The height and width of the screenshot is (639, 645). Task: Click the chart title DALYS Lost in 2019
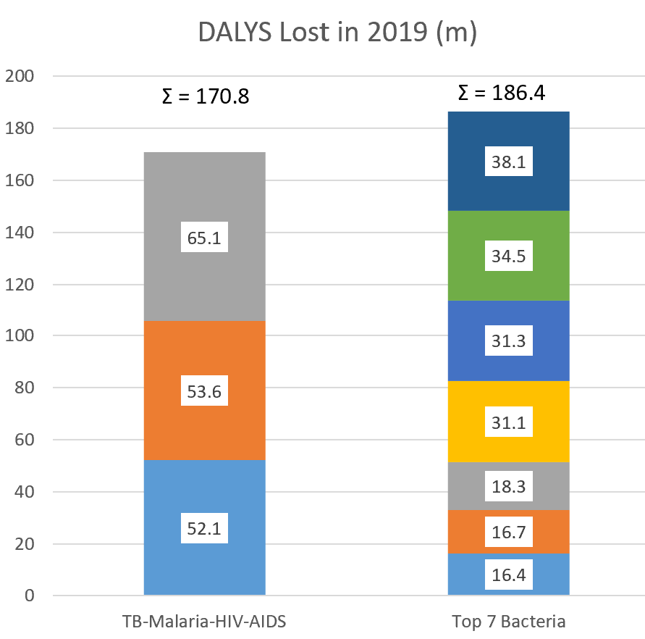[337, 33]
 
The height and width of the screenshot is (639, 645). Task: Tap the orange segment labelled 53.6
[205, 391]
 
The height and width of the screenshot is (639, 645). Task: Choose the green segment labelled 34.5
[509, 256]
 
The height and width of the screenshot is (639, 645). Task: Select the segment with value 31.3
[509, 341]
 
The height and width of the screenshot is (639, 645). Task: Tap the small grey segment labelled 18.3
[509, 485]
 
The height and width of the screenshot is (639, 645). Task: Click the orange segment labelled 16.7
[509, 532]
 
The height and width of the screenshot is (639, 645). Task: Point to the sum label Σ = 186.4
[502, 92]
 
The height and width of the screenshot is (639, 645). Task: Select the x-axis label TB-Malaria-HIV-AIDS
[205, 621]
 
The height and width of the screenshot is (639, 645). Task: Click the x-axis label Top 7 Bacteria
[509, 621]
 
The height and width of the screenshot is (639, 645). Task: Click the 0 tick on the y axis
[30, 596]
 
